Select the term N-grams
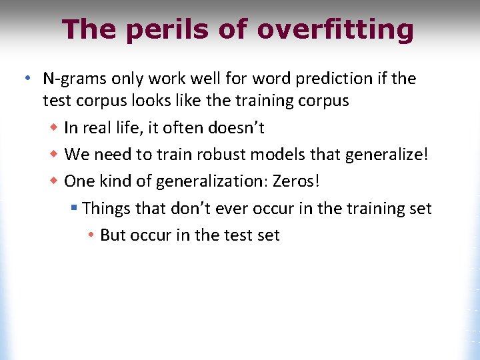[71, 79]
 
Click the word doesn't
[238, 127]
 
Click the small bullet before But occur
[93, 235]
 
